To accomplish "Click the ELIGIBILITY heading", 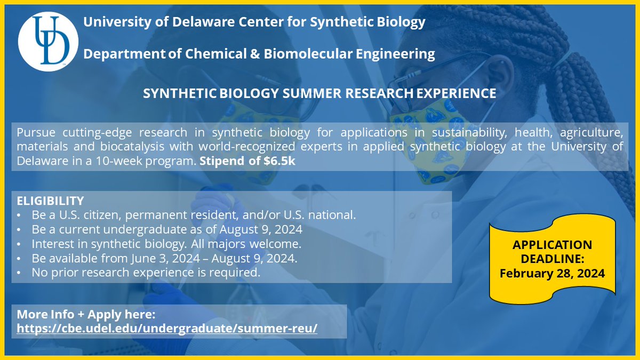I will tap(50, 201).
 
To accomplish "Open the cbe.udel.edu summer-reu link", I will tap(167, 328).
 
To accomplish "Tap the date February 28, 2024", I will tap(551, 274).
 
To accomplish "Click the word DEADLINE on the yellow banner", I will tap(552, 259).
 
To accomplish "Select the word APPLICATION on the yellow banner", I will tap(552, 245).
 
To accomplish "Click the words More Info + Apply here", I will tap(85, 314).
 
